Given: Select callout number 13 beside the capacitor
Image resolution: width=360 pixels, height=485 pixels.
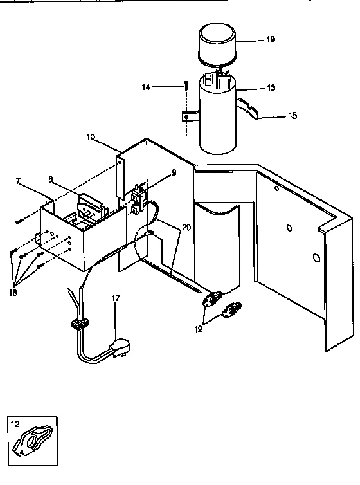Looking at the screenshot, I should coord(271,87).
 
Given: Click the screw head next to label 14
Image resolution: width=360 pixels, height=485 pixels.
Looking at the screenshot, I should coord(185,84).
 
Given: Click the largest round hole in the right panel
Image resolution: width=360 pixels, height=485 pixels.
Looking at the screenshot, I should coord(316,258).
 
